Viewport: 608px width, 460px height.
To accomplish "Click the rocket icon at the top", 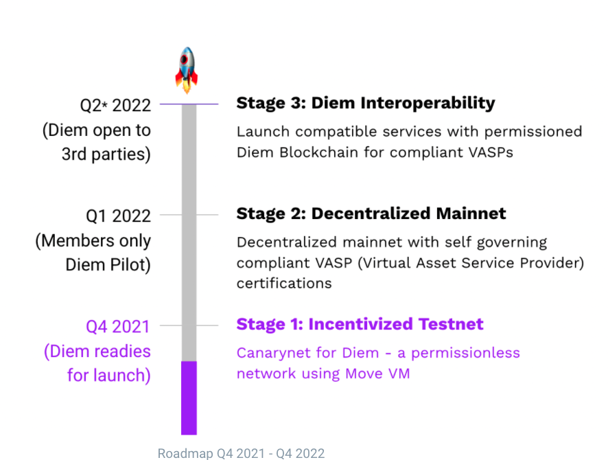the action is point(187,70).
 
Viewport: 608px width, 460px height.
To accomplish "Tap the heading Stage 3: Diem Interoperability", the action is point(366,103).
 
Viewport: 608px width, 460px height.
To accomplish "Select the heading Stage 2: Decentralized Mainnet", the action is point(371,214).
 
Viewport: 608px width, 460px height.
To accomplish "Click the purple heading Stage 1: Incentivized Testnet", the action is point(360,324).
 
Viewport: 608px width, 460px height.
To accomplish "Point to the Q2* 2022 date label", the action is point(115,106).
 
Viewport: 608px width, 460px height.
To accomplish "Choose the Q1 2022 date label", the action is point(118,216).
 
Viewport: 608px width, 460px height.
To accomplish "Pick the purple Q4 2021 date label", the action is point(118,327).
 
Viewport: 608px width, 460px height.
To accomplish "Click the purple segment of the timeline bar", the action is point(189,398).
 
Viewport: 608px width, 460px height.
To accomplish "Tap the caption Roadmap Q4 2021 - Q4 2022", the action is point(241,453).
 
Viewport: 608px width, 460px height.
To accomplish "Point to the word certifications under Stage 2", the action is point(284,284).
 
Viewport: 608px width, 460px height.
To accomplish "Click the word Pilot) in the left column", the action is point(130,265).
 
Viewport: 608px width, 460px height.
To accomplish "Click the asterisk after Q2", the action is point(105,103).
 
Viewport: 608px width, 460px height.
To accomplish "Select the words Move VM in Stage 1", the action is point(377,373).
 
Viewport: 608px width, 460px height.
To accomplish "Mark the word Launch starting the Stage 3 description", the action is point(264,132).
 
